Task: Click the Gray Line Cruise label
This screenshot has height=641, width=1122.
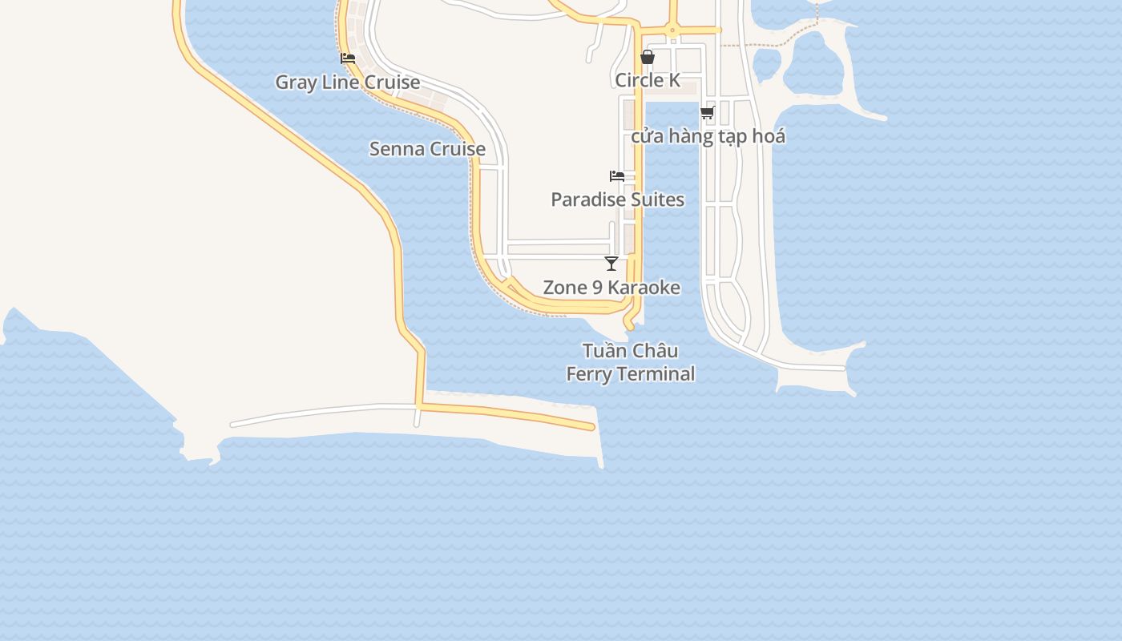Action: tap(347, 83)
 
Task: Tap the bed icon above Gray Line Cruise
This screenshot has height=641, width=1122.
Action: tap(348, 58)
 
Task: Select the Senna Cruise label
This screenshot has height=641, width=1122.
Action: tap(427, 149)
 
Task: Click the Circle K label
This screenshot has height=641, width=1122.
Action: tap(648, 80)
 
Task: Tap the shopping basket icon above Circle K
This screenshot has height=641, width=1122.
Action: tap(648, 57)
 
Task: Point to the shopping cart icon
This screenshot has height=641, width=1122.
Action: tap(708, 112)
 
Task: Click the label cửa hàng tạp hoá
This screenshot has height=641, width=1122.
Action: tap(708, 136)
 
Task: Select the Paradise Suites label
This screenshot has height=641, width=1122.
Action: tap(617, 200)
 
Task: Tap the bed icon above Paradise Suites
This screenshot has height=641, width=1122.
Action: tap(617, 176)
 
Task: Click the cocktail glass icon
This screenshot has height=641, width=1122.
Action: tap(611, 264)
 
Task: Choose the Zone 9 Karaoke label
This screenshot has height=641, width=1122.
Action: tap(611, 288)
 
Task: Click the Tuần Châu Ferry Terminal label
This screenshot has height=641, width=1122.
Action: tap(631, 362)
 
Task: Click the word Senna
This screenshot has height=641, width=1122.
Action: tap(397, 149)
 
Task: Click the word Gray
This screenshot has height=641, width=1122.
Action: tap(296, 83)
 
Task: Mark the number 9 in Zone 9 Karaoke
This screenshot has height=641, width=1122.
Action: tap(594, 288)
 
